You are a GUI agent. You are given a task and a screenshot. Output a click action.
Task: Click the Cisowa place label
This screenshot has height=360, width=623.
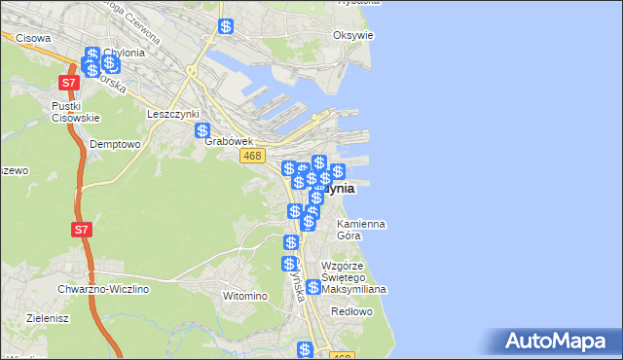pos(33,39)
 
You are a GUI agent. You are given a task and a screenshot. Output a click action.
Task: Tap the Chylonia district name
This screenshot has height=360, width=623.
pos(125,53)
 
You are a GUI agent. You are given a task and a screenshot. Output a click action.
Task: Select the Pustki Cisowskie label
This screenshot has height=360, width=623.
pos(75,111)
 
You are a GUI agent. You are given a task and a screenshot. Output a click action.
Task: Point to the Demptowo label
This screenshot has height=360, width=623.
pos(115,143)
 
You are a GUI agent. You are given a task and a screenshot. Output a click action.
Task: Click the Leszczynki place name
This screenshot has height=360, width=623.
pos(171,113)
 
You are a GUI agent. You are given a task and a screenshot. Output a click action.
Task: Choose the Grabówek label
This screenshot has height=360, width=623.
pos(229,141)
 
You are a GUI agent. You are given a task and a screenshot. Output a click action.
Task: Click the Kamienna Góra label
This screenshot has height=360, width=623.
pos(360,230)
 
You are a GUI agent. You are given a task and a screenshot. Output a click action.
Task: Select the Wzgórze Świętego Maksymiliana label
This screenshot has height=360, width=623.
pos(354,277)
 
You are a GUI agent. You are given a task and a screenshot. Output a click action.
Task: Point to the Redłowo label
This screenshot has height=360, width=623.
pos(351,311)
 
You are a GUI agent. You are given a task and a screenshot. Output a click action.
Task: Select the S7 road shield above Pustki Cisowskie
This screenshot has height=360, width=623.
pos(68,84)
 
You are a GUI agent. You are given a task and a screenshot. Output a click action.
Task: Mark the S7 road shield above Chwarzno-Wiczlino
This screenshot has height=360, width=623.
pos(82,231)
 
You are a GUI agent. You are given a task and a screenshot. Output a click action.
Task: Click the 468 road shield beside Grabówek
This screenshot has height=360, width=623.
pos(252,156)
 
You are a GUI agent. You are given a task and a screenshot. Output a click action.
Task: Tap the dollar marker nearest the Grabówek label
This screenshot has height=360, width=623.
pos(202,131)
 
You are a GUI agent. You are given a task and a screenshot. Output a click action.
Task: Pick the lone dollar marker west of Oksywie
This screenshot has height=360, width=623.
pos(226,27)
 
